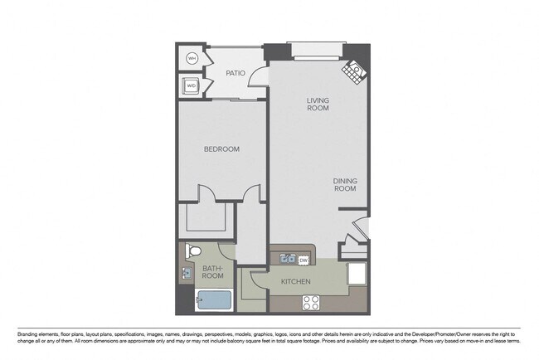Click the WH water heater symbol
192,58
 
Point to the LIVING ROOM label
318,104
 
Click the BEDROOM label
221,149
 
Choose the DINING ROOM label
345,184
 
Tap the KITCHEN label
296,282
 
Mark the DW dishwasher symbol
303,260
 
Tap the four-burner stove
311,302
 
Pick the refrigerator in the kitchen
357,274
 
